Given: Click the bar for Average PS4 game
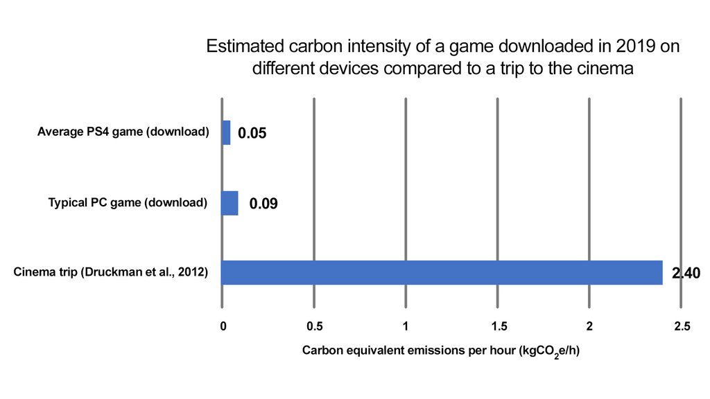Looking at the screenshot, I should (x=226, y=132).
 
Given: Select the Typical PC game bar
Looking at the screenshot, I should (x=230, y=204).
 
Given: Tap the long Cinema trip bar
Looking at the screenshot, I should (x=442, y=272).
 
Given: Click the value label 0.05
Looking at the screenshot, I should (x=252, y=133).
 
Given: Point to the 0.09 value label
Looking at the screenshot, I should (x=263, y=204).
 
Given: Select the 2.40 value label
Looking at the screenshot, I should (x=686, y=274).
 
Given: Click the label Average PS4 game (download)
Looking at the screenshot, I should (x=123, y=132).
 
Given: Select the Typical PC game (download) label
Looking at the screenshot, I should (x=128, y=203).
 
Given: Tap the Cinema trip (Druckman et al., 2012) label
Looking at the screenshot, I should (x=111, y=272).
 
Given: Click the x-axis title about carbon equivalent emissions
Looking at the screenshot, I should (x=440, y=351).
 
